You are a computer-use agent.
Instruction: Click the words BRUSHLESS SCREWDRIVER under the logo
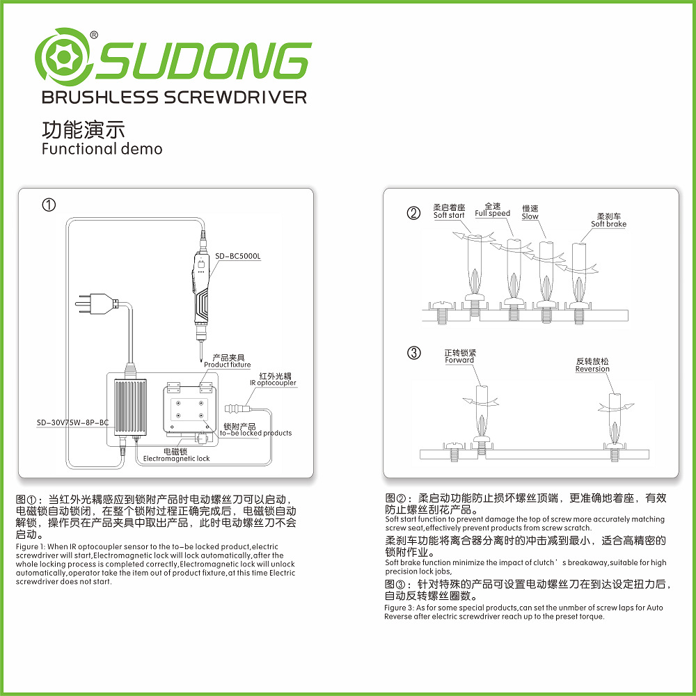coord(174,97)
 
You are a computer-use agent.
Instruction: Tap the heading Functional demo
coord(102,149)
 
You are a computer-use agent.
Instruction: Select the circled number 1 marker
coord(48,205)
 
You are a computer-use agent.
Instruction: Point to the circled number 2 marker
coord(413,214)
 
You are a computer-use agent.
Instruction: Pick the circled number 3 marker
coord(413,353)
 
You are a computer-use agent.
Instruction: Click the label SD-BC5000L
coord(238,256)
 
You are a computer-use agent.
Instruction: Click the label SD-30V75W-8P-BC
coord(73,422)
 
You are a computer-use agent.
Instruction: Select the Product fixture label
coord(227,365)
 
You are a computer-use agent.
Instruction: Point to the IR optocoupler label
coord(273,383)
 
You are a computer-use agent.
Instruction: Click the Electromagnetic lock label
coord(176,459)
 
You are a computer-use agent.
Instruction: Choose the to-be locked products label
coord(255,433)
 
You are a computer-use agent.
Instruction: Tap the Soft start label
coord(449,215)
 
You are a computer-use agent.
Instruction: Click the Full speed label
coord(493,214)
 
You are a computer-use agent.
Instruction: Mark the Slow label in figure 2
coord(530,216)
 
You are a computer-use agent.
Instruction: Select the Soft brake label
coord(608,224)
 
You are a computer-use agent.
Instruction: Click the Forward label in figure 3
coord(459,360)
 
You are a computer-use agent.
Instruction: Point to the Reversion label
coord(592,369)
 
